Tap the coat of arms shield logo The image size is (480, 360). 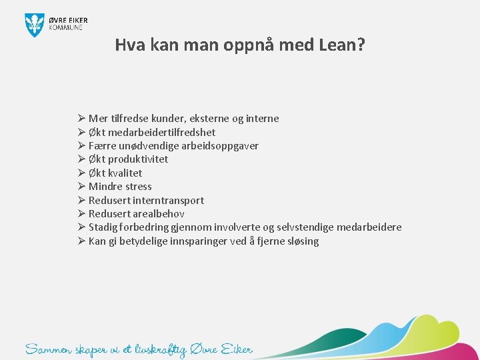(34, 25)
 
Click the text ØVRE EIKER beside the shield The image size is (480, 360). (67, 20)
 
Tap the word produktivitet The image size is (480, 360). (139, 159)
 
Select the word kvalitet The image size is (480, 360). (125, 173)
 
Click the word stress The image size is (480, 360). (139, 187)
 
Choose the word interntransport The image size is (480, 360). (169, 200)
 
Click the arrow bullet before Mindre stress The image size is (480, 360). (81, 187)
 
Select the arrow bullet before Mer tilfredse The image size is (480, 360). (81, 118)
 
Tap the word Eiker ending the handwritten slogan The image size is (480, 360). (237, 349)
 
